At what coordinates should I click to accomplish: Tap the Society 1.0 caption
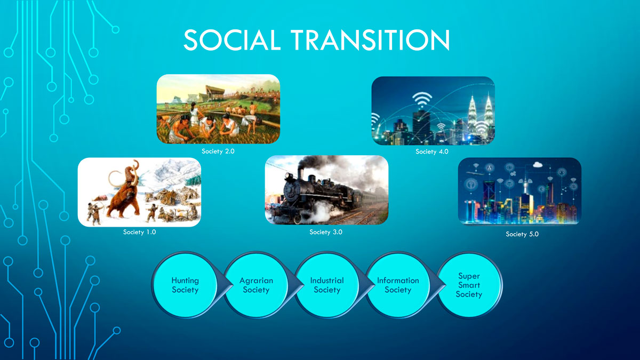(139, 232)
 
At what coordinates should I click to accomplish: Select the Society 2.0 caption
(218, 151)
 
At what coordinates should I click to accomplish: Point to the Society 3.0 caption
(326, 232)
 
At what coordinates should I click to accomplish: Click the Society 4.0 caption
(431, 151)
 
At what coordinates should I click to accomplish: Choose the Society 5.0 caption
(522, 234)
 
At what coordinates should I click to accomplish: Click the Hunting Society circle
(185, 285)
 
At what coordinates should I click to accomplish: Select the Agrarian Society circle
(256, 285)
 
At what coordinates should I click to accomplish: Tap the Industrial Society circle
(327, 285)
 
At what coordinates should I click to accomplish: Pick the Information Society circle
(398, 285)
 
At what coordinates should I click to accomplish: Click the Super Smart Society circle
(469, 285)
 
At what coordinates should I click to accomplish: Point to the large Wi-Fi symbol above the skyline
(422, 99)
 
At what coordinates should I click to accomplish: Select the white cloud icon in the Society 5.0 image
(538, 164)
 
